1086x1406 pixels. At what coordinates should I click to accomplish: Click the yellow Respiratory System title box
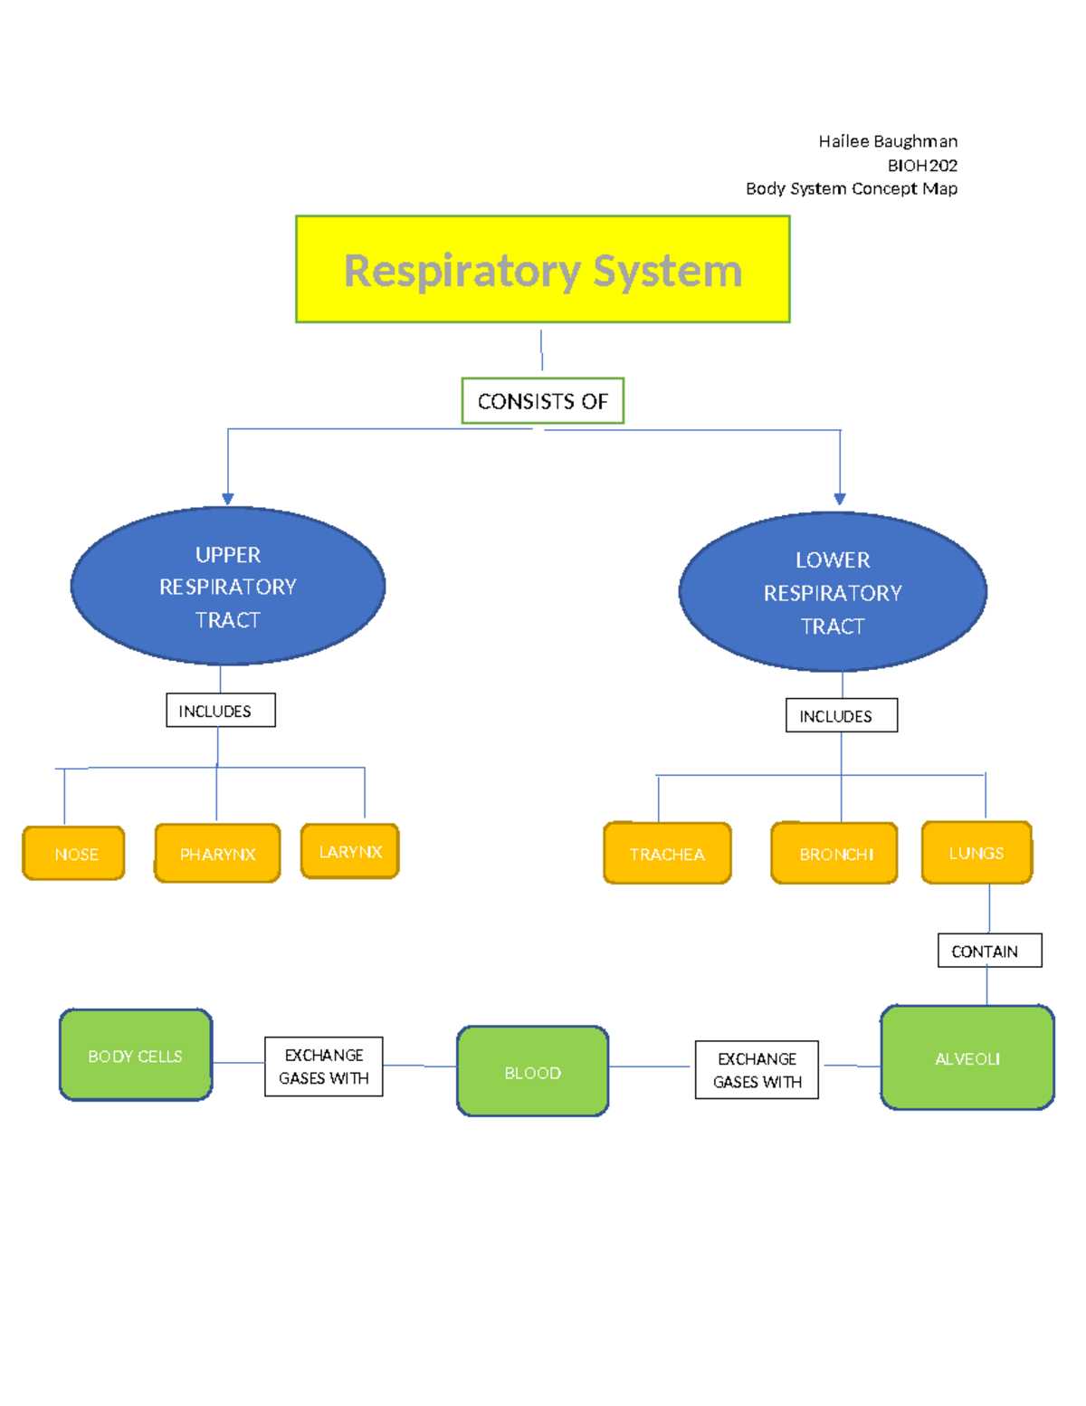click(543, 269)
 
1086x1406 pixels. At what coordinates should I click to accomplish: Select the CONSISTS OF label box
click(543, 401)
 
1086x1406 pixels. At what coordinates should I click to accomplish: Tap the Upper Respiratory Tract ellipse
click(228, 587)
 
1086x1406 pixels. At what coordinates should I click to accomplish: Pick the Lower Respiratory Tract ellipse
click(833, 592)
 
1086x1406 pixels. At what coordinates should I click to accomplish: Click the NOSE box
click(74, 853)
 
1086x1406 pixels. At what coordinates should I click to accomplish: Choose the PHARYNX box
click(217, 853)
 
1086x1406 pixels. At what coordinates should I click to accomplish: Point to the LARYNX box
click(350, 851)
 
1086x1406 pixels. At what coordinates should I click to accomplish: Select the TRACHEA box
click(667, 853)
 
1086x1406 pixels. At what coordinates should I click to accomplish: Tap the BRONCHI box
click(834, 853)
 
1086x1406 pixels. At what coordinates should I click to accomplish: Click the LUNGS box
click(976, 852)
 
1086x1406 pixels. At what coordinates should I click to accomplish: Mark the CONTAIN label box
click(989, 951)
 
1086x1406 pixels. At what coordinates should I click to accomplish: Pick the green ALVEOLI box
click(967, 1057)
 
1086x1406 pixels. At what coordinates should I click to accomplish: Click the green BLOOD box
click(532, 1072)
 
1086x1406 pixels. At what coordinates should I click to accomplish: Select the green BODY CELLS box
click(136, 1056)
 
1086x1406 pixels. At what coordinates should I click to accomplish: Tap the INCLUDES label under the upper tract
click(220, 711)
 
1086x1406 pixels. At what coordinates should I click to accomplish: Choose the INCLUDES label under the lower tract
click(841, 715)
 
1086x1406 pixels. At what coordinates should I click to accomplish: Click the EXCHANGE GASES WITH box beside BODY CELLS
click(323, 1066)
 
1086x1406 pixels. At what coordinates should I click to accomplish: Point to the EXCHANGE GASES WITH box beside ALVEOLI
click(757, 1070)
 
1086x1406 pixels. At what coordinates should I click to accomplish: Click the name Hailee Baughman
click(887, 141)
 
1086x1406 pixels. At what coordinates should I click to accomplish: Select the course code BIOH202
click(921, 165)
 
